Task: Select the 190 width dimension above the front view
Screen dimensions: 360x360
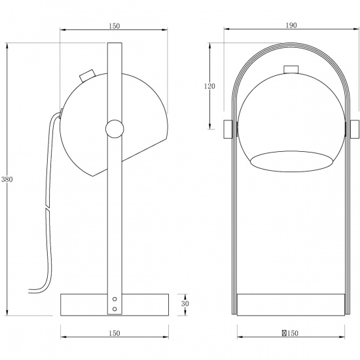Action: tap(291, 25)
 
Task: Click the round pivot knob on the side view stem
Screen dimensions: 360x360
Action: tap(113, 128)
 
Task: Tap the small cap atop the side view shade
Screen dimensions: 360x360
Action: tap(86, 75)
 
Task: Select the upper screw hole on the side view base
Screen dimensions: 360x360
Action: tap(115, 300)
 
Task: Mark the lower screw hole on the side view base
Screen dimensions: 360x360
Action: tap(115, 308)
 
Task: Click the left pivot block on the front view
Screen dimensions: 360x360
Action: tap(228, 129)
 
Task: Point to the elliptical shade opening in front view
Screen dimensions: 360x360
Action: tap(291, 161)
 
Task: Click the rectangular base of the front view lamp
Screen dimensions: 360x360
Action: tap(291, 304)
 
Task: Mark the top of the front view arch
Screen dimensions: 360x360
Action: tap(291, 47)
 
